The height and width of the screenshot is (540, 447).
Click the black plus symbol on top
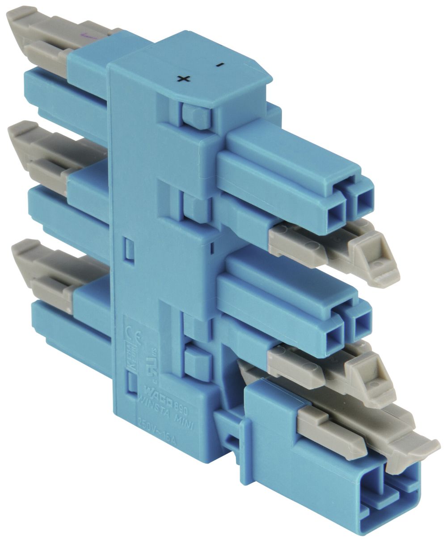[x=183, y=79]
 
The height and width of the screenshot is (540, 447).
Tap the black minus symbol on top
[x=219, y=65]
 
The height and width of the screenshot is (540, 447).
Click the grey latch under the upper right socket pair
[x=340, y=250]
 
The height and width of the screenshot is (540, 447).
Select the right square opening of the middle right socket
[x=361, y=322]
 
